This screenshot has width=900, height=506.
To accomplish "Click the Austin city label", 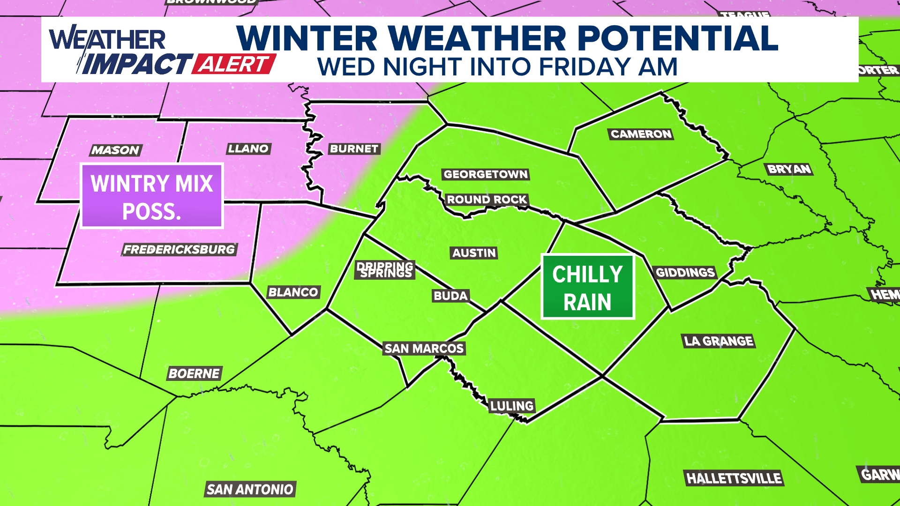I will point(474,253).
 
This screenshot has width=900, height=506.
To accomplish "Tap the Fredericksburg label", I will point(179,249).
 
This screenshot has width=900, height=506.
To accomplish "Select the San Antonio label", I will point(250,489).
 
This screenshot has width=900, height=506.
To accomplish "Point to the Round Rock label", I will point(487,200).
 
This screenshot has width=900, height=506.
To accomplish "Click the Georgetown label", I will point(486,174).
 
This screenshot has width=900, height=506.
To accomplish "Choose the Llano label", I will point(248,149).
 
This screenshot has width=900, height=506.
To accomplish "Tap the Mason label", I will point(115,150).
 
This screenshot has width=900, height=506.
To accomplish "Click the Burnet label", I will point(354,149).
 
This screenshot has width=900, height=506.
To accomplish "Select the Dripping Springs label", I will point(385,270).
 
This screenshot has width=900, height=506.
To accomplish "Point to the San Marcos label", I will point(424,348).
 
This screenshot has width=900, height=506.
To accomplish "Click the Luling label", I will point(511,406).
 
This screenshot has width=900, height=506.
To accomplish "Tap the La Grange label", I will point(719,341).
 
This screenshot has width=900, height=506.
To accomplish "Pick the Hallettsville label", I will point(734,478).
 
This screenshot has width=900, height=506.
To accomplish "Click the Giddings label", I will point(685,273).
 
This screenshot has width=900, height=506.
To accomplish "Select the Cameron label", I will point(641,134).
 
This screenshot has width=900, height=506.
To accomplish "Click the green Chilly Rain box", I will point(588,287).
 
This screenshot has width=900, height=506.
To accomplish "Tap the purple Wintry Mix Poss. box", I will point(152,196).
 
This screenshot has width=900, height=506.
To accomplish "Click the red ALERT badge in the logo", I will point(233,64).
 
